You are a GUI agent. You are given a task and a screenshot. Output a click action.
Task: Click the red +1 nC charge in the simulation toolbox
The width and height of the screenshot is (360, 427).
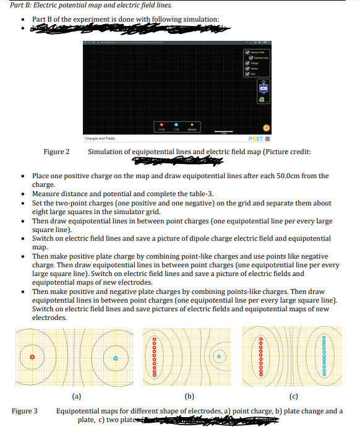(x=160, y=124)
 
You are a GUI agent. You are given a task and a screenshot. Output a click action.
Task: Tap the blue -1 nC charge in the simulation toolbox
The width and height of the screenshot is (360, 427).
(x=176, y=124)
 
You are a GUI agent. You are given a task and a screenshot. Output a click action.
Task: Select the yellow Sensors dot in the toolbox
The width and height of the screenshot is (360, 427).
(x=192, y=124)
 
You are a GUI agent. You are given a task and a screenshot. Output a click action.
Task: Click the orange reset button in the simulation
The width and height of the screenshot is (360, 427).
(x=266, y=127)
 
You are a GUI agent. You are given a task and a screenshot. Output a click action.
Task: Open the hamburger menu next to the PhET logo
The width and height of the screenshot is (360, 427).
(x=267, y=139)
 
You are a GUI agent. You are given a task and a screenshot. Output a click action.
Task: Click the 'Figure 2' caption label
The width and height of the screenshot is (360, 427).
(x=56, y=152)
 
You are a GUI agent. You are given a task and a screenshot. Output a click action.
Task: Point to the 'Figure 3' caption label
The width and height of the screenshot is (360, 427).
(x=24, y=411)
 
